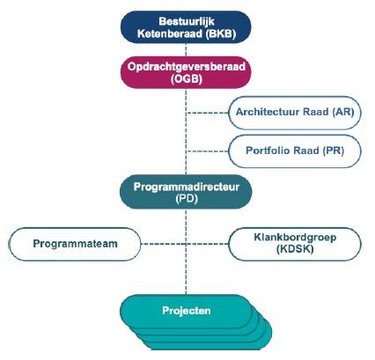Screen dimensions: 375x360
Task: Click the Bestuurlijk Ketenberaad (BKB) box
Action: tap(186, 27)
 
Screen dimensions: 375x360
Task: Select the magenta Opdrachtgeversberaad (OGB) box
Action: tap(186, 72)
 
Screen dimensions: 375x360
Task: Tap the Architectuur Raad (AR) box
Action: tap(295, 113)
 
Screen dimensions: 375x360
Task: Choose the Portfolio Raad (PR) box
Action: tap(295, 151)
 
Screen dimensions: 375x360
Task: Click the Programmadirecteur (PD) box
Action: tap(186, 192)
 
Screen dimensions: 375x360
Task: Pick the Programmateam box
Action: tap(75, 244)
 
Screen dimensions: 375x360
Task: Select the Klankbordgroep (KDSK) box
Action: tap(295, 244)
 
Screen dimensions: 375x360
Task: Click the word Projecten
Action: tap(187, 311)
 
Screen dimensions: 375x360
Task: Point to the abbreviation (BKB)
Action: tap(221, 33)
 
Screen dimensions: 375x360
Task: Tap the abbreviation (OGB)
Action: tap(187, 79)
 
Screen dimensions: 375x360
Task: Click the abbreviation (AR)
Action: tap(343, 112)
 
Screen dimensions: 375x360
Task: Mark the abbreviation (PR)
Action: tap(334, 151)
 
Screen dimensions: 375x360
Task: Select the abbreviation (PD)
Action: tap(187, 199)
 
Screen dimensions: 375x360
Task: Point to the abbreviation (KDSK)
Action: tap(295, 249)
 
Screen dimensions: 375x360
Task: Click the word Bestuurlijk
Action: tap(187, 21)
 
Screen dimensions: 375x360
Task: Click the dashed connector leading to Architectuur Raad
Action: tap(208, 113)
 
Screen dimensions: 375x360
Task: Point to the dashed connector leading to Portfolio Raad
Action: tap(208, 151)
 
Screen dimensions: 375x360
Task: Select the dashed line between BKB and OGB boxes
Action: tap(186, 50)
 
